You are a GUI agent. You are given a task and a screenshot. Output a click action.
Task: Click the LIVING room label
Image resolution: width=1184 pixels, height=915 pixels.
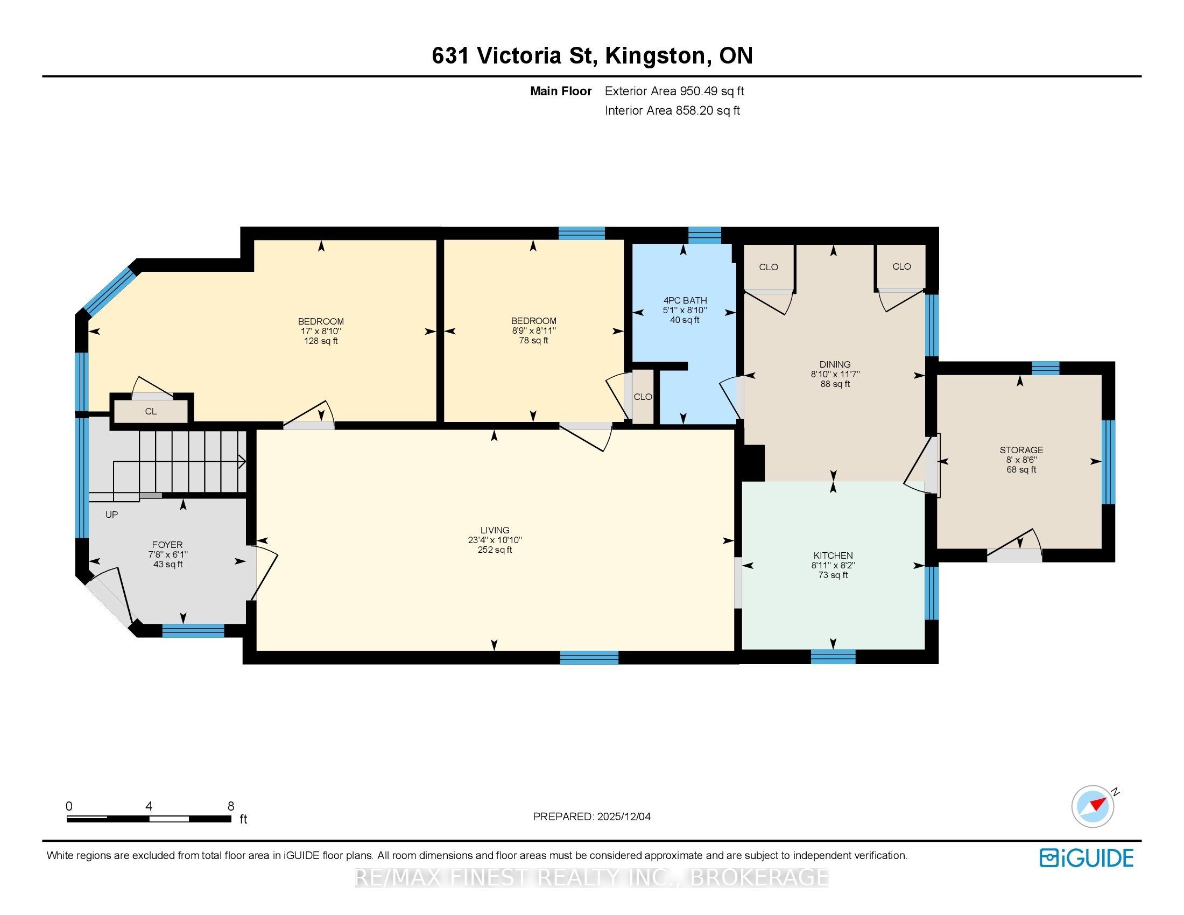495,530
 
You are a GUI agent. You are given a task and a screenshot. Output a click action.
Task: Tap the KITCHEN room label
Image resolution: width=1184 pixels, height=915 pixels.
833,555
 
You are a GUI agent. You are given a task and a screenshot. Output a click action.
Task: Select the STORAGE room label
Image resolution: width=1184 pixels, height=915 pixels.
1021,450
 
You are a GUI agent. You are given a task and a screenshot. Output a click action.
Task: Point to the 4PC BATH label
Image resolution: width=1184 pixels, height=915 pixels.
685,300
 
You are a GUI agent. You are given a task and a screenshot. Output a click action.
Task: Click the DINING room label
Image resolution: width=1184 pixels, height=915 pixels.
835,364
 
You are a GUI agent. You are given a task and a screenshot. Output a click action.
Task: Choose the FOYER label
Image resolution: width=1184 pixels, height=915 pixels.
167,545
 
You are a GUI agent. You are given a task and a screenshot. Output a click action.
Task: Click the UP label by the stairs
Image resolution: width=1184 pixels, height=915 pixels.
111,515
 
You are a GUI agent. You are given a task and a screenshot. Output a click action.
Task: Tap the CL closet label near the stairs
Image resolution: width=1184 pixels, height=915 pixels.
151,411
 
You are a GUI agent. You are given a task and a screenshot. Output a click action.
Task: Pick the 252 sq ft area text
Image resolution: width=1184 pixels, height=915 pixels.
495,550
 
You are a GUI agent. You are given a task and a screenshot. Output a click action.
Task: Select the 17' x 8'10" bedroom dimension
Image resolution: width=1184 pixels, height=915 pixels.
321,330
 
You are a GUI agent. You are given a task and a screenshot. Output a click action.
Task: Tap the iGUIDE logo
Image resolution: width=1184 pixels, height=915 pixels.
1087,858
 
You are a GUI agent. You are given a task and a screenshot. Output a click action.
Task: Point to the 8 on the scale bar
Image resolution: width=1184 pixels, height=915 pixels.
231,806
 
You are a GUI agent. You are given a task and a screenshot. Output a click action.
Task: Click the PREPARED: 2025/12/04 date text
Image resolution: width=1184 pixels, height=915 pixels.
592,817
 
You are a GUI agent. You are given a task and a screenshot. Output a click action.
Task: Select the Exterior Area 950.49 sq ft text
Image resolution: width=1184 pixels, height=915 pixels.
674,91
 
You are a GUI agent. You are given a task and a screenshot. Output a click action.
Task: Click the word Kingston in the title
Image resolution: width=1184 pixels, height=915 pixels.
657,56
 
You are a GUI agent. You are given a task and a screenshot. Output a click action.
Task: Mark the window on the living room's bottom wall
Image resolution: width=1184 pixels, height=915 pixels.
589,658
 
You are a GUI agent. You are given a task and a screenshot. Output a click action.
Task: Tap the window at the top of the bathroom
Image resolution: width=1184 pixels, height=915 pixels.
705,235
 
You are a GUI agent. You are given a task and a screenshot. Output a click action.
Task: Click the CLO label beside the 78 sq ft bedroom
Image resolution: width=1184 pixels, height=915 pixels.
643,397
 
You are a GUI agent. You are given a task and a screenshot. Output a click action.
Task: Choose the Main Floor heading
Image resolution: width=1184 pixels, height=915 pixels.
561,91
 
